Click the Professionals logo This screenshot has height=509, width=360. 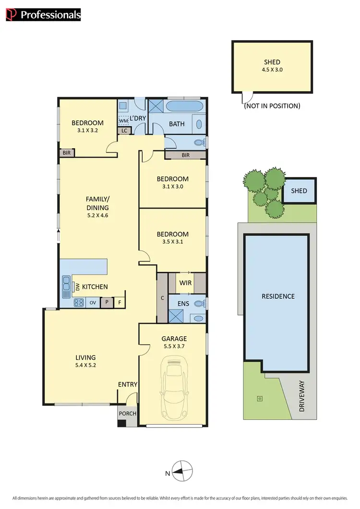click(43, 15)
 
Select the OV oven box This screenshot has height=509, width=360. click(93, 303)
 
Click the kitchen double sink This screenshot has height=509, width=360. click(66, 287)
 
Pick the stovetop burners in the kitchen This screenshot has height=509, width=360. click(78, 303)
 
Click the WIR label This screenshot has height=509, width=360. click(186, 283)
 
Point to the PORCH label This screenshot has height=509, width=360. click(127, 414)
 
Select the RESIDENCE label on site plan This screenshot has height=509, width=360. click(278, 296)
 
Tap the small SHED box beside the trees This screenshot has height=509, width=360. click(299, 191)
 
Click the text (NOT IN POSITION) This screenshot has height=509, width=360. click(272, 106)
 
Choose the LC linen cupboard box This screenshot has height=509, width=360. click(124, 130)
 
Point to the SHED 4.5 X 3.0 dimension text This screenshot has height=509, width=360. click(272, 70)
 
